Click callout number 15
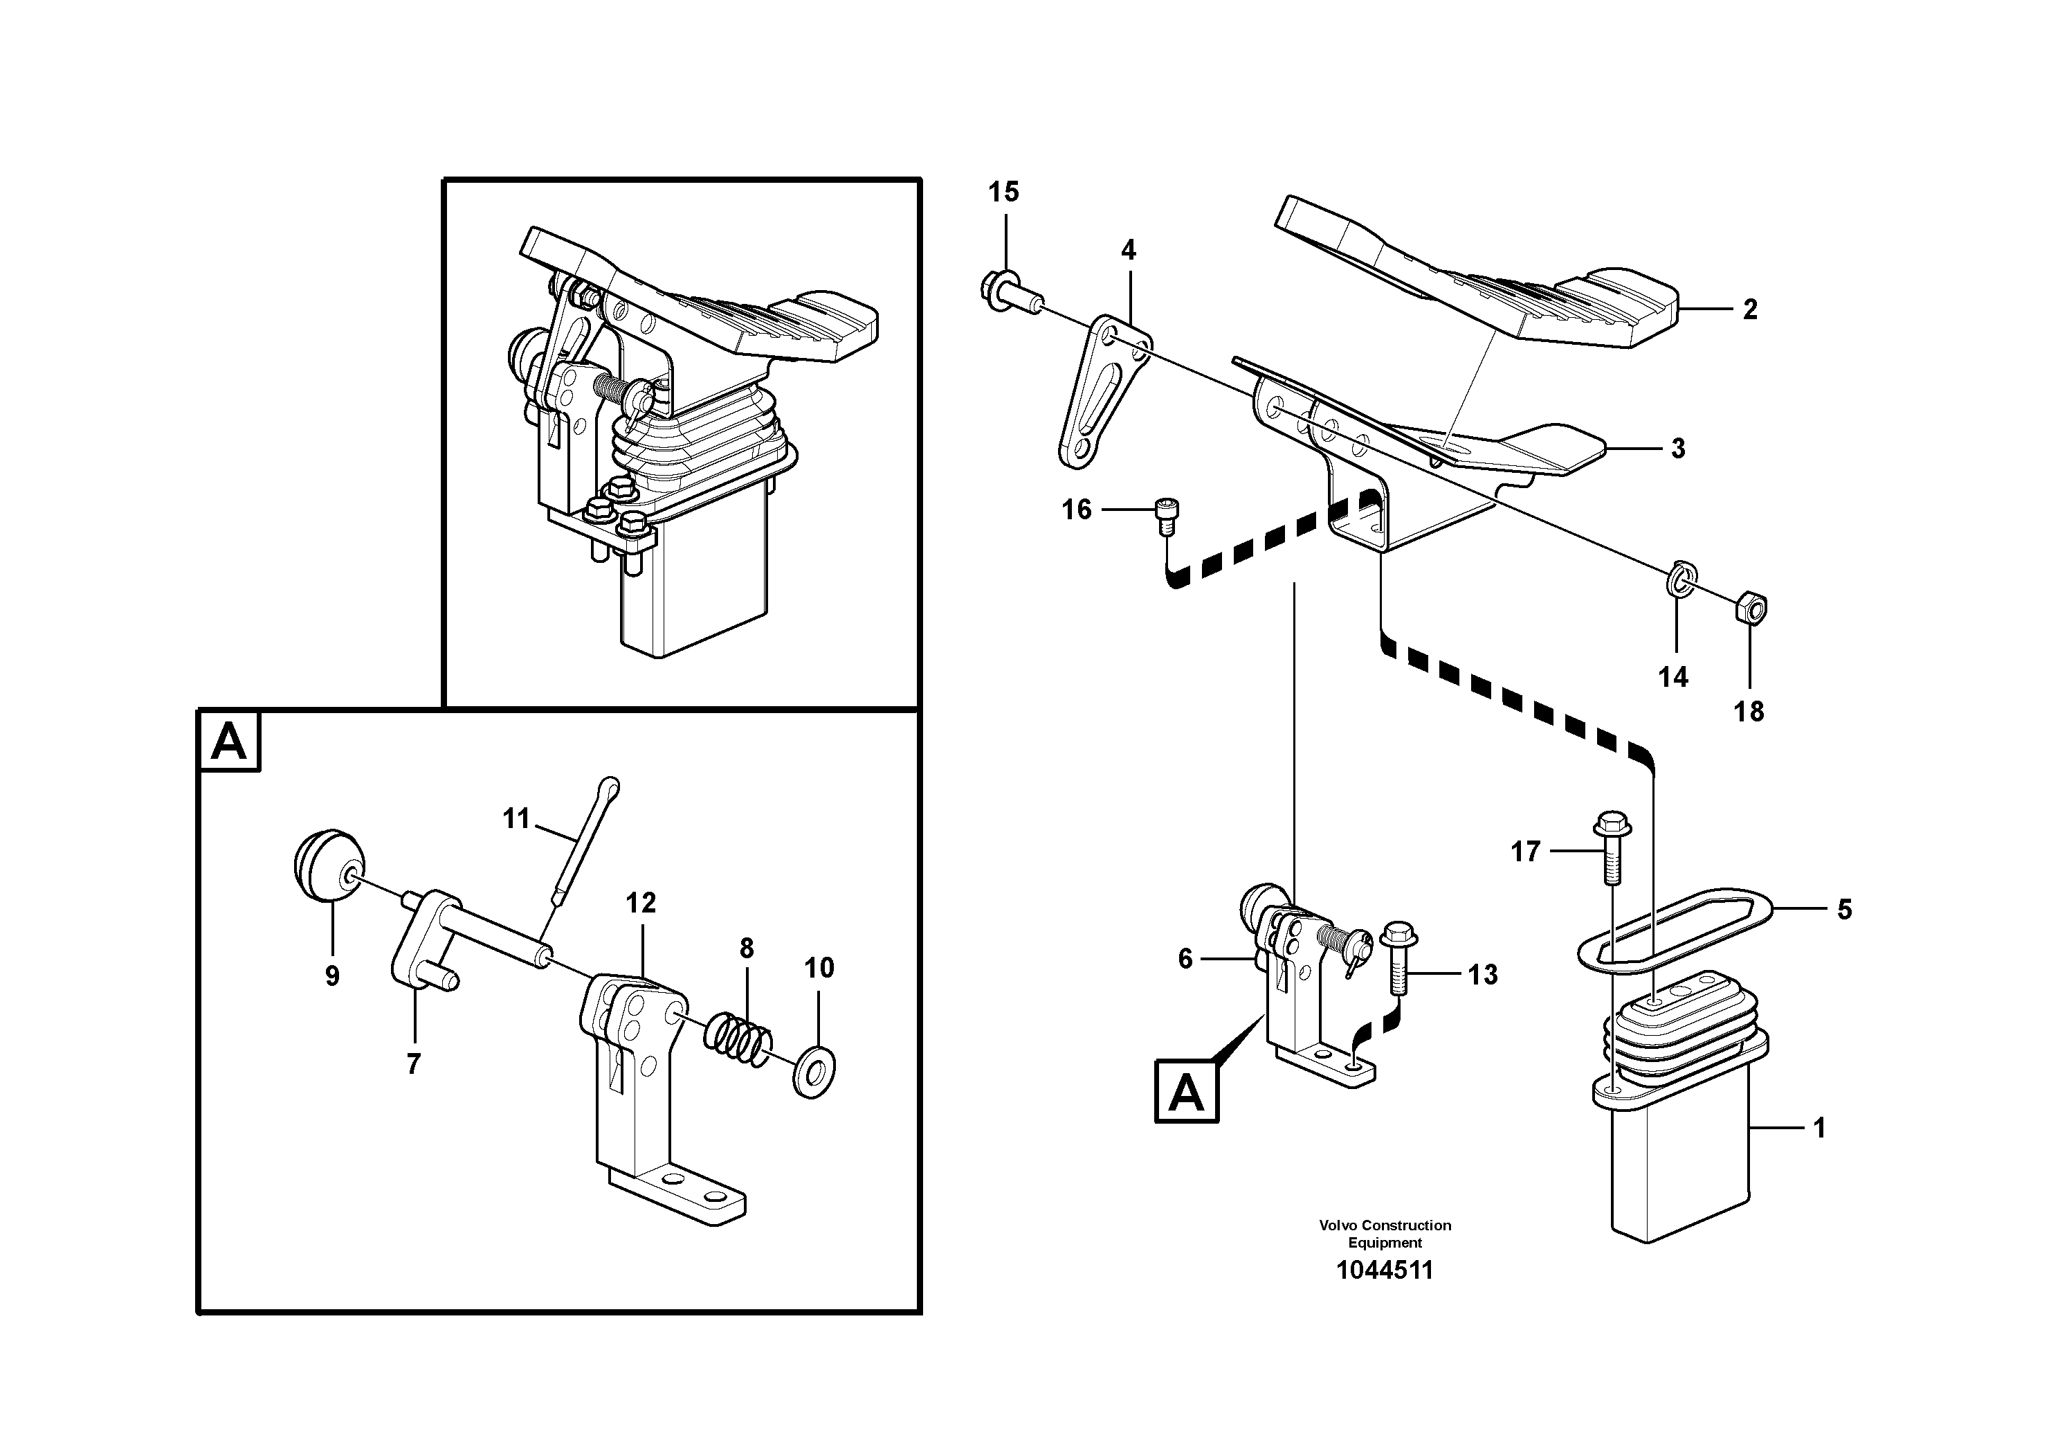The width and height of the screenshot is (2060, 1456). coord(1004,191)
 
